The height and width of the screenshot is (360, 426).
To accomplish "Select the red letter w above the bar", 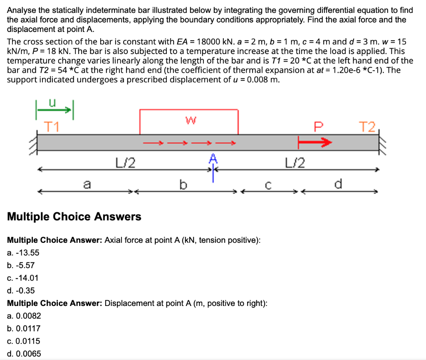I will click(x=189, y=120).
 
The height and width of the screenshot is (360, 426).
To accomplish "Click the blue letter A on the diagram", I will click(x=213, y=158).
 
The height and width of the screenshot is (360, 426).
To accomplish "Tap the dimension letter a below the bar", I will click(x=87, y=183).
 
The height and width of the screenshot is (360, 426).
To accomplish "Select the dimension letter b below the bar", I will click(x=181, y=183).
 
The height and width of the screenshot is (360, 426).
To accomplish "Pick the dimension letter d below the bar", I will click(x=338, y=183).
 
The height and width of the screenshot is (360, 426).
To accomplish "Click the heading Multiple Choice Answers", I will click(x=74, y=217).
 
